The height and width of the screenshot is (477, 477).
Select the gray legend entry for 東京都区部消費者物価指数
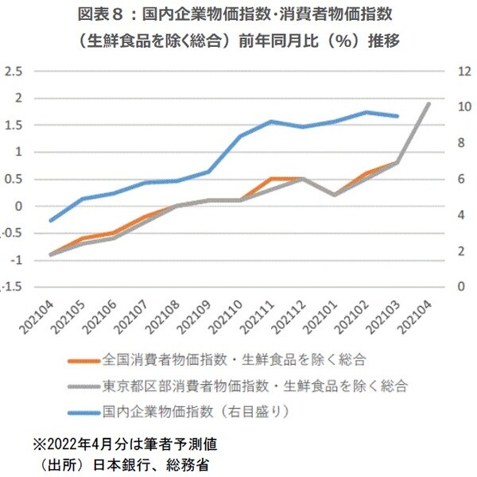pyautogui.click(x=254, y=386)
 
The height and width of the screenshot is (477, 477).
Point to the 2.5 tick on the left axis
pyautogui.click(x=12, y=72)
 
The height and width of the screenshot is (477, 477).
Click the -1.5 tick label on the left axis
pyautogui.click(x=10, y=287)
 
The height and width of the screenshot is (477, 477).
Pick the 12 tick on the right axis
pyautogui.click(x=460, y=72)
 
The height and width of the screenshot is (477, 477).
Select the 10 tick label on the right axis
pyautogui.click(x=460, y=107)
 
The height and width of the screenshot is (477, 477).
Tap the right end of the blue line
pyautogui.click(x=397, y=116)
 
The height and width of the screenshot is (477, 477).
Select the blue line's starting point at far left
pyautogui.click(x=50, y=221)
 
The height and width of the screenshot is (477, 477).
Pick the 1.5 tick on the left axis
pyautogui.click(x=12, y=126)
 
